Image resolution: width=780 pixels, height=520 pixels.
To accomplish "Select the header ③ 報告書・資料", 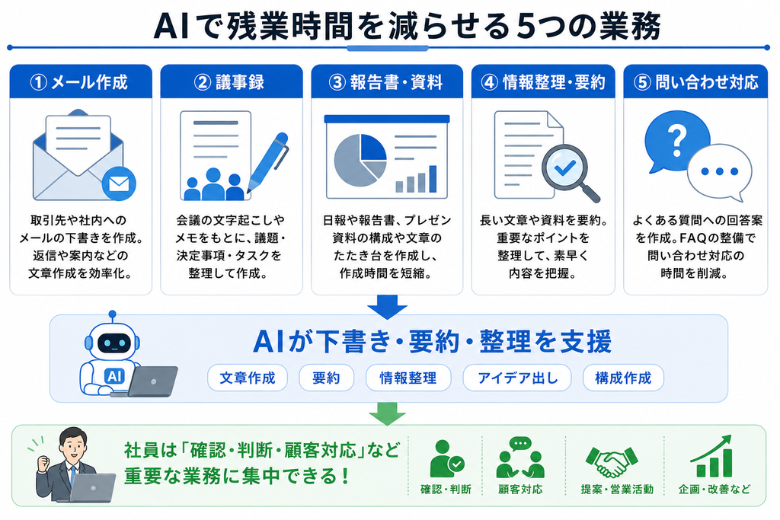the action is [x=387, y=81].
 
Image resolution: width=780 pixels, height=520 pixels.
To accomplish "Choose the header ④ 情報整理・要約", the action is [x=543, y=81].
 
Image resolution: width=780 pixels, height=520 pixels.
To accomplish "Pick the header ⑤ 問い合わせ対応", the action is [x=695, y=81].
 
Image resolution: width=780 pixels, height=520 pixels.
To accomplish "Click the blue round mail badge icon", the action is [x=119, y=184].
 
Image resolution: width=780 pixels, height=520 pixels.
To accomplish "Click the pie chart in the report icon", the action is [x=360, y=160].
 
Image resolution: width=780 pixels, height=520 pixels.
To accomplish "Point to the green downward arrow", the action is [x=387, y=413].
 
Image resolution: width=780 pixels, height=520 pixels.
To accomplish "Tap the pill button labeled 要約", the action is [x=326, y=378].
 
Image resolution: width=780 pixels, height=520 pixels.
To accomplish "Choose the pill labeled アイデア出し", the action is [x=517, y=378].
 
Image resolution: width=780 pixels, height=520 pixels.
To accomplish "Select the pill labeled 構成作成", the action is [x=623, y=378].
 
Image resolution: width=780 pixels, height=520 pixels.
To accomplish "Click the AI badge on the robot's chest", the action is [x=114, y=376].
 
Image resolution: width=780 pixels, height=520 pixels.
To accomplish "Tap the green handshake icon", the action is [x=612, y=461].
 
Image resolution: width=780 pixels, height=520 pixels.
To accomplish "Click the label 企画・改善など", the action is [x=714, y=490].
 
